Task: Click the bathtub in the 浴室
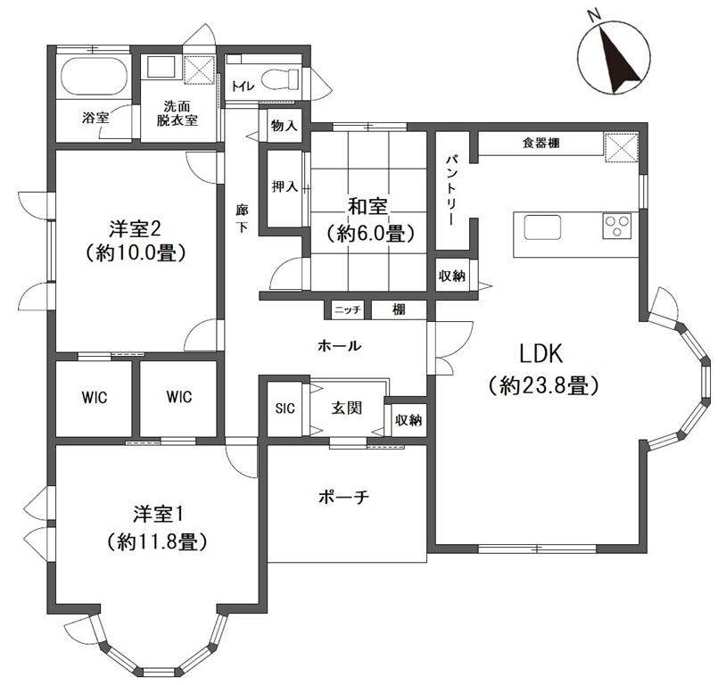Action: [94, 77]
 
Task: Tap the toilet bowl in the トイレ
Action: [280, 79]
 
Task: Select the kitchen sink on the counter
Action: [542, 227]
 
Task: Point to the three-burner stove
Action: [617, 226]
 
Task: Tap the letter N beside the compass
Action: [594, 16]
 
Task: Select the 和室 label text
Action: [368, 207]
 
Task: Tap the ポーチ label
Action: [343, 498]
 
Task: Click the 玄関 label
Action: [346, 408]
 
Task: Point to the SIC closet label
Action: [285, 409]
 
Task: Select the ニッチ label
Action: [348, 309]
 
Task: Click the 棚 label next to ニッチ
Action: [399, 309]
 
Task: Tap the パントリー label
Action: [451, 190]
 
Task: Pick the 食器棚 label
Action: [540, 143]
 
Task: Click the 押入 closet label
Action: [285, 186]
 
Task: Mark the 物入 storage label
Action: [285, 125]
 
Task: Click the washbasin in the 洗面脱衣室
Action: [161, 69]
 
